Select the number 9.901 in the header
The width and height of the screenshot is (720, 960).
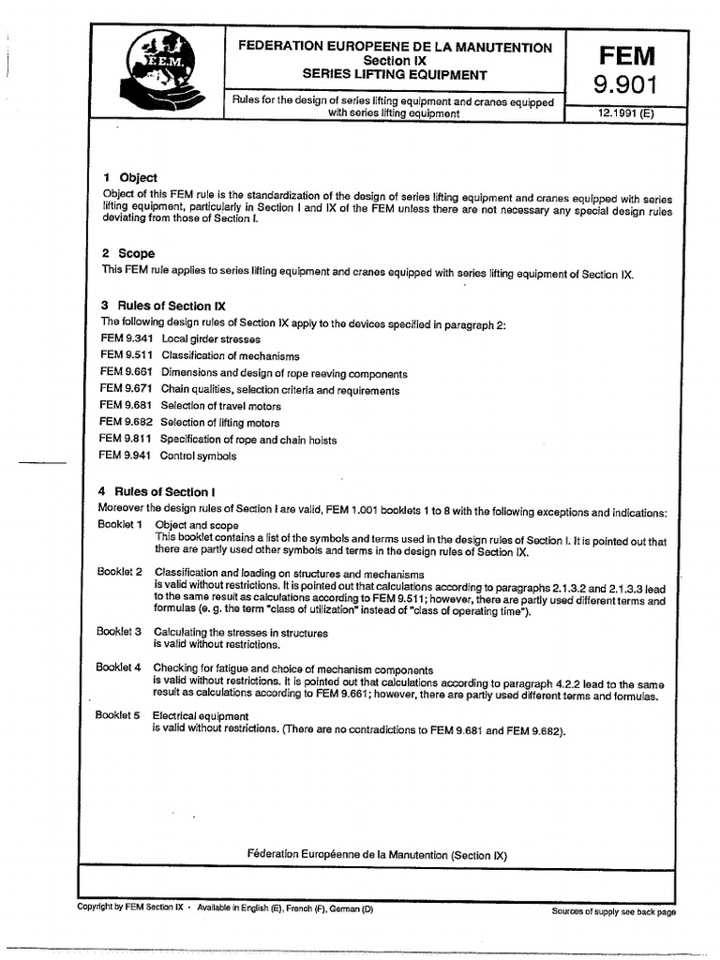(626, 87)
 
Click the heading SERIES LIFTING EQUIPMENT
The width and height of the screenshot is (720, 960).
(395, 74)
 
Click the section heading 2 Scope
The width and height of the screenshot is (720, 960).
(128, 253)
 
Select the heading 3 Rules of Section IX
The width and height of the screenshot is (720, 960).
(162, 306)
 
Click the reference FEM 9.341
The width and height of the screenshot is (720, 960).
(125, 338)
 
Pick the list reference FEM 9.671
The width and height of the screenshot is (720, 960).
(125, 389)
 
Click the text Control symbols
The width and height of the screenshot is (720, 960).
(198, 456)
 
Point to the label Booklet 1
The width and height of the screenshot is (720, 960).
(120, 523)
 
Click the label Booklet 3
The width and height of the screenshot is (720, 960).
(119, 631)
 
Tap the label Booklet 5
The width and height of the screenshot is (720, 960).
(119, 714)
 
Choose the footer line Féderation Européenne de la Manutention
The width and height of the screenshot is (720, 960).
(375, 854)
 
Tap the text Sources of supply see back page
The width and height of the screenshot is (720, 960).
(613, 911)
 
